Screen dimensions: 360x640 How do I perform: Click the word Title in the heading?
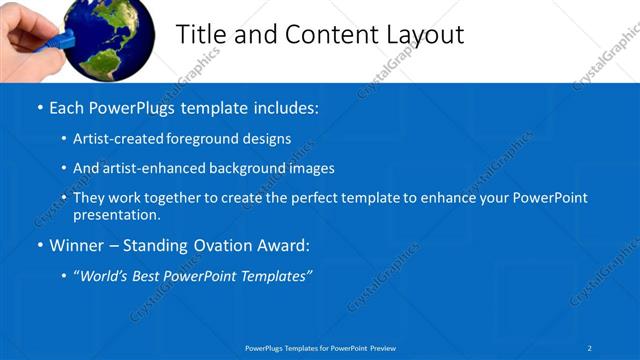point(200,34)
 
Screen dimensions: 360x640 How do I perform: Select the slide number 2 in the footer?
point(589,347)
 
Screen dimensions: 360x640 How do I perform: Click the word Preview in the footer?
point(382,347)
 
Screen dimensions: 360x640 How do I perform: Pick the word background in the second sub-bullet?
point(255,169)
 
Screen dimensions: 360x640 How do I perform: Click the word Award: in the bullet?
point(282,245)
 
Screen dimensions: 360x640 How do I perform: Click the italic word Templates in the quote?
point(277,275)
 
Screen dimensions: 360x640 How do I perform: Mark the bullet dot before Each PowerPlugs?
point(38,108)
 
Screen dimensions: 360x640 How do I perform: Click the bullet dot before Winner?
point(38,245)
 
